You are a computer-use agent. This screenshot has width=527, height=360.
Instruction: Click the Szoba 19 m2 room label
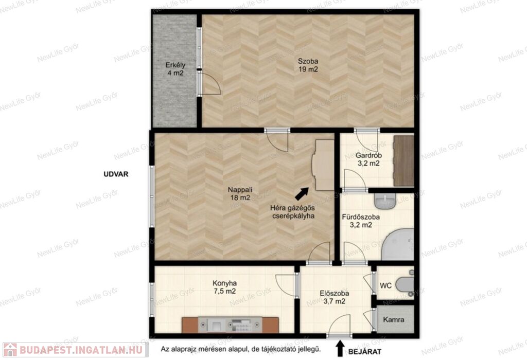308,65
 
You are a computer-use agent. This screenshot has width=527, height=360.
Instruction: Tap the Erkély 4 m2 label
175,69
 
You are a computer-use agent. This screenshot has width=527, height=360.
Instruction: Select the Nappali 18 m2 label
240,194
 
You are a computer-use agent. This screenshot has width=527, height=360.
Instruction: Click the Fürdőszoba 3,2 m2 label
361,221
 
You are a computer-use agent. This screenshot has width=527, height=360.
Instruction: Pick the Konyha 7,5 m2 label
224,287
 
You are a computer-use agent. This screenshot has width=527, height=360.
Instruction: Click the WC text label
385,286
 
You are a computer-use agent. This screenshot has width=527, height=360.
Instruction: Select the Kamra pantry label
394,320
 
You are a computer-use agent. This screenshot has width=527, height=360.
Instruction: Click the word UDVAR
116,174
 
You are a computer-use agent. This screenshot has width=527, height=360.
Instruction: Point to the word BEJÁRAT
365,352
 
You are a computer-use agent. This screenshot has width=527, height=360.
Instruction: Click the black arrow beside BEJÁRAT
340,348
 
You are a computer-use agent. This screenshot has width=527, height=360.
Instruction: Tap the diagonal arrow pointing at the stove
302,194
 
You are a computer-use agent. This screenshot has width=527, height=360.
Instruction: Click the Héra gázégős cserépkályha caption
293,212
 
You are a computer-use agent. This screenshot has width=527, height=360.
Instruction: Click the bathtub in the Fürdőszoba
398,244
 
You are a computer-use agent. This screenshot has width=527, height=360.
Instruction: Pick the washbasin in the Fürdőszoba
385,201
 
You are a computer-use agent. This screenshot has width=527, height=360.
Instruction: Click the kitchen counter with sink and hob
230,325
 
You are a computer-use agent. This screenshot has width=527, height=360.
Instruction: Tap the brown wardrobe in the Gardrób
403,161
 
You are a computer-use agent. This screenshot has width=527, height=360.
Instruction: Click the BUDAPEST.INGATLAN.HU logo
76,350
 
